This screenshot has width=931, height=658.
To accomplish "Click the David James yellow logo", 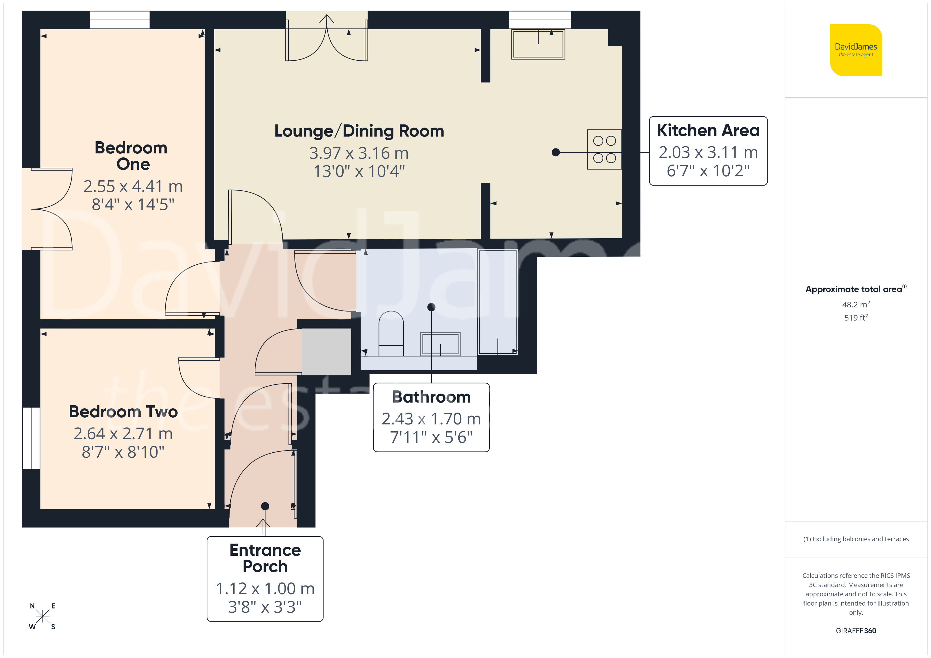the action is click(856, 50).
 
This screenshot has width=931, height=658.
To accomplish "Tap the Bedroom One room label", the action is click(131, 156).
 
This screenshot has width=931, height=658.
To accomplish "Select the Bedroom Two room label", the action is click(123, 412).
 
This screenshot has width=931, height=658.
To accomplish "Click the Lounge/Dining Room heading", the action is click(359, 131).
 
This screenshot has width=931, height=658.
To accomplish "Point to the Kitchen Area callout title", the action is click(708, 130).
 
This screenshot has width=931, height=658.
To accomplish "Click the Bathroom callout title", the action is click(431, 397).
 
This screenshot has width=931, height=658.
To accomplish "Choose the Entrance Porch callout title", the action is click(265, 558).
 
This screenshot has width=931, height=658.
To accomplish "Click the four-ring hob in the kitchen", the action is click(604, 149).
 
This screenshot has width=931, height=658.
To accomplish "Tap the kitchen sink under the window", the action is click(538, 44).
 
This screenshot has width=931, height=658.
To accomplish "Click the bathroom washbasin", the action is click(440, 343).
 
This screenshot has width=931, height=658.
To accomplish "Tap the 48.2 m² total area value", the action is click(856, 304).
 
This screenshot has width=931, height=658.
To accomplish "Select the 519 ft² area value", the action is click(856, 318).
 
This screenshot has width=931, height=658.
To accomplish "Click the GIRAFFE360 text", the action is click(856, 631).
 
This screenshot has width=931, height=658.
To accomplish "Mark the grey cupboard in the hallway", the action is click(326, 352).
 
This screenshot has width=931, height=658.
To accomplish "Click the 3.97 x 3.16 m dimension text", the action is click(359, 153).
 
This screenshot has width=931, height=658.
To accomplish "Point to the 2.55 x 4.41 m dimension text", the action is click(133, 186).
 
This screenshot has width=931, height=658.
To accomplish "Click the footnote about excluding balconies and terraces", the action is click(856, 539).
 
